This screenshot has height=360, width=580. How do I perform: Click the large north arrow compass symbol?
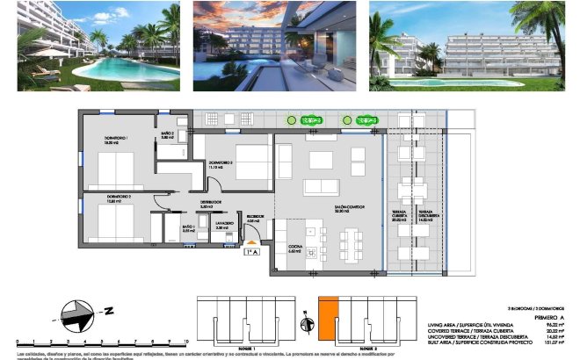(78, 311)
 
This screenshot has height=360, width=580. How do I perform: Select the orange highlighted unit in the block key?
(326, 319)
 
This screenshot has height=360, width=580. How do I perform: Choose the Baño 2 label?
(167, 134)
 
